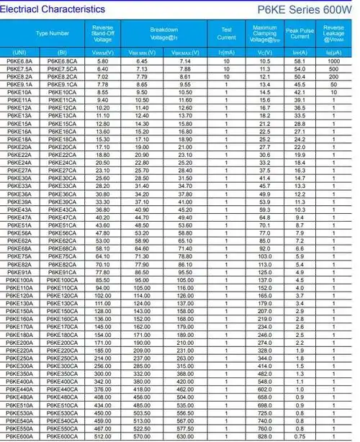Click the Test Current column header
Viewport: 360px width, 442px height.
click(x=226, y=33)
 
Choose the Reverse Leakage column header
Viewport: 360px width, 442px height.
click(x=334, y=33)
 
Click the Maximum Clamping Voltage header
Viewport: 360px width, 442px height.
click(x=264, y=33)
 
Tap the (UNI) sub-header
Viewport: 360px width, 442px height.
click(x=19, y=53)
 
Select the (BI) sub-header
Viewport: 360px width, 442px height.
click(x=62, y=53)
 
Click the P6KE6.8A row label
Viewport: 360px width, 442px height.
click(x=19, y=61)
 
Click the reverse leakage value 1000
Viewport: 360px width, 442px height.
click(x=333, y=61)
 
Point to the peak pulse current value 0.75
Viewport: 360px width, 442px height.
click(x=300, y=436)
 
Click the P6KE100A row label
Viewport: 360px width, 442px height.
click(x=19, y=280)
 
